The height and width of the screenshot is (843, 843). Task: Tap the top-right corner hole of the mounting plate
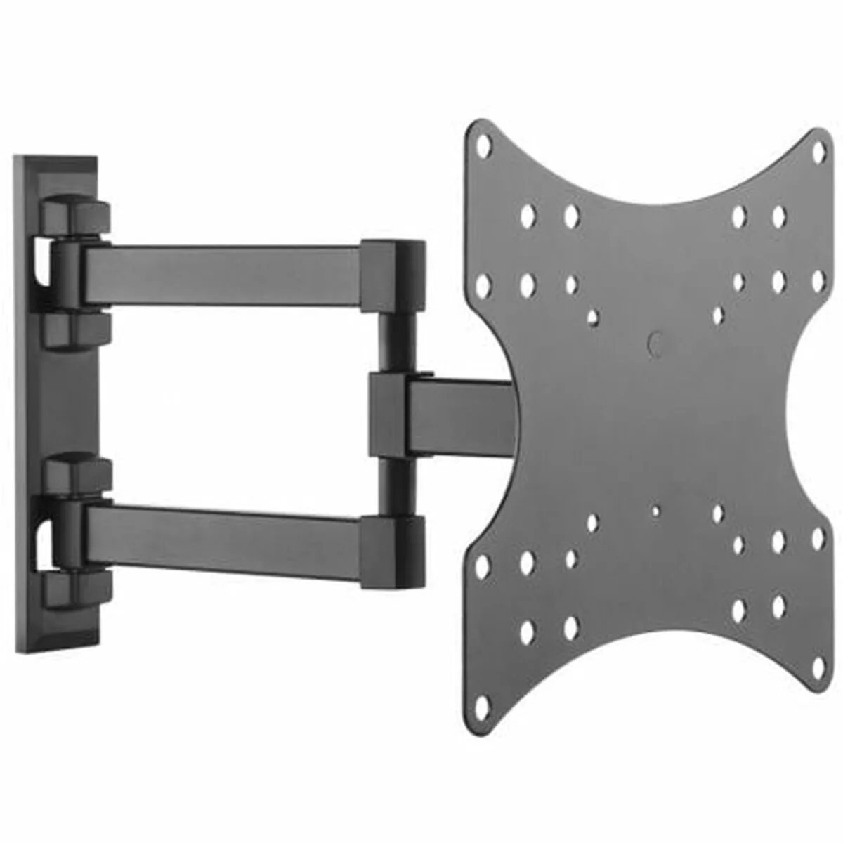pos(819,150)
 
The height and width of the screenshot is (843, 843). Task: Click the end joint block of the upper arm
pos(393,275)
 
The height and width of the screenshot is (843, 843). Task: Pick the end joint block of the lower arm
pos(393,551)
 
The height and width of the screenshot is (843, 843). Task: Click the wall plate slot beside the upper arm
pos(42,266)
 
